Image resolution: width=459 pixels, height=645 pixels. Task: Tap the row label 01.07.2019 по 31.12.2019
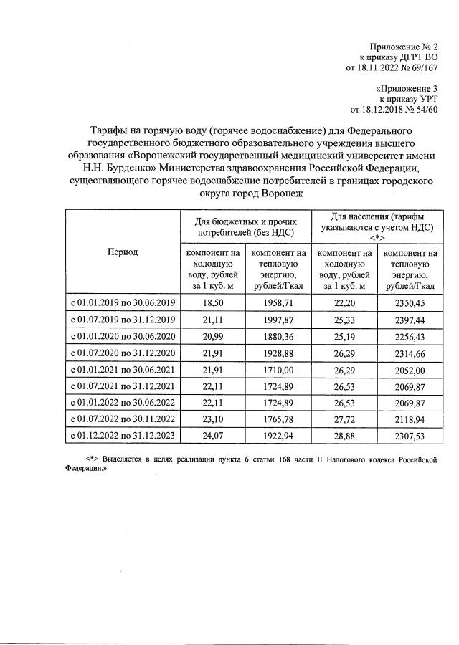122,320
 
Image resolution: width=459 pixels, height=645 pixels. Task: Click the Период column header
123,252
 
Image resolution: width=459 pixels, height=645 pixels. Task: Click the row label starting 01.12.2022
122,434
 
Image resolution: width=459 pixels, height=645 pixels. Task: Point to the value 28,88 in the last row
345,434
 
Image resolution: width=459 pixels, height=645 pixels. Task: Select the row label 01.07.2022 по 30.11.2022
122,418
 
